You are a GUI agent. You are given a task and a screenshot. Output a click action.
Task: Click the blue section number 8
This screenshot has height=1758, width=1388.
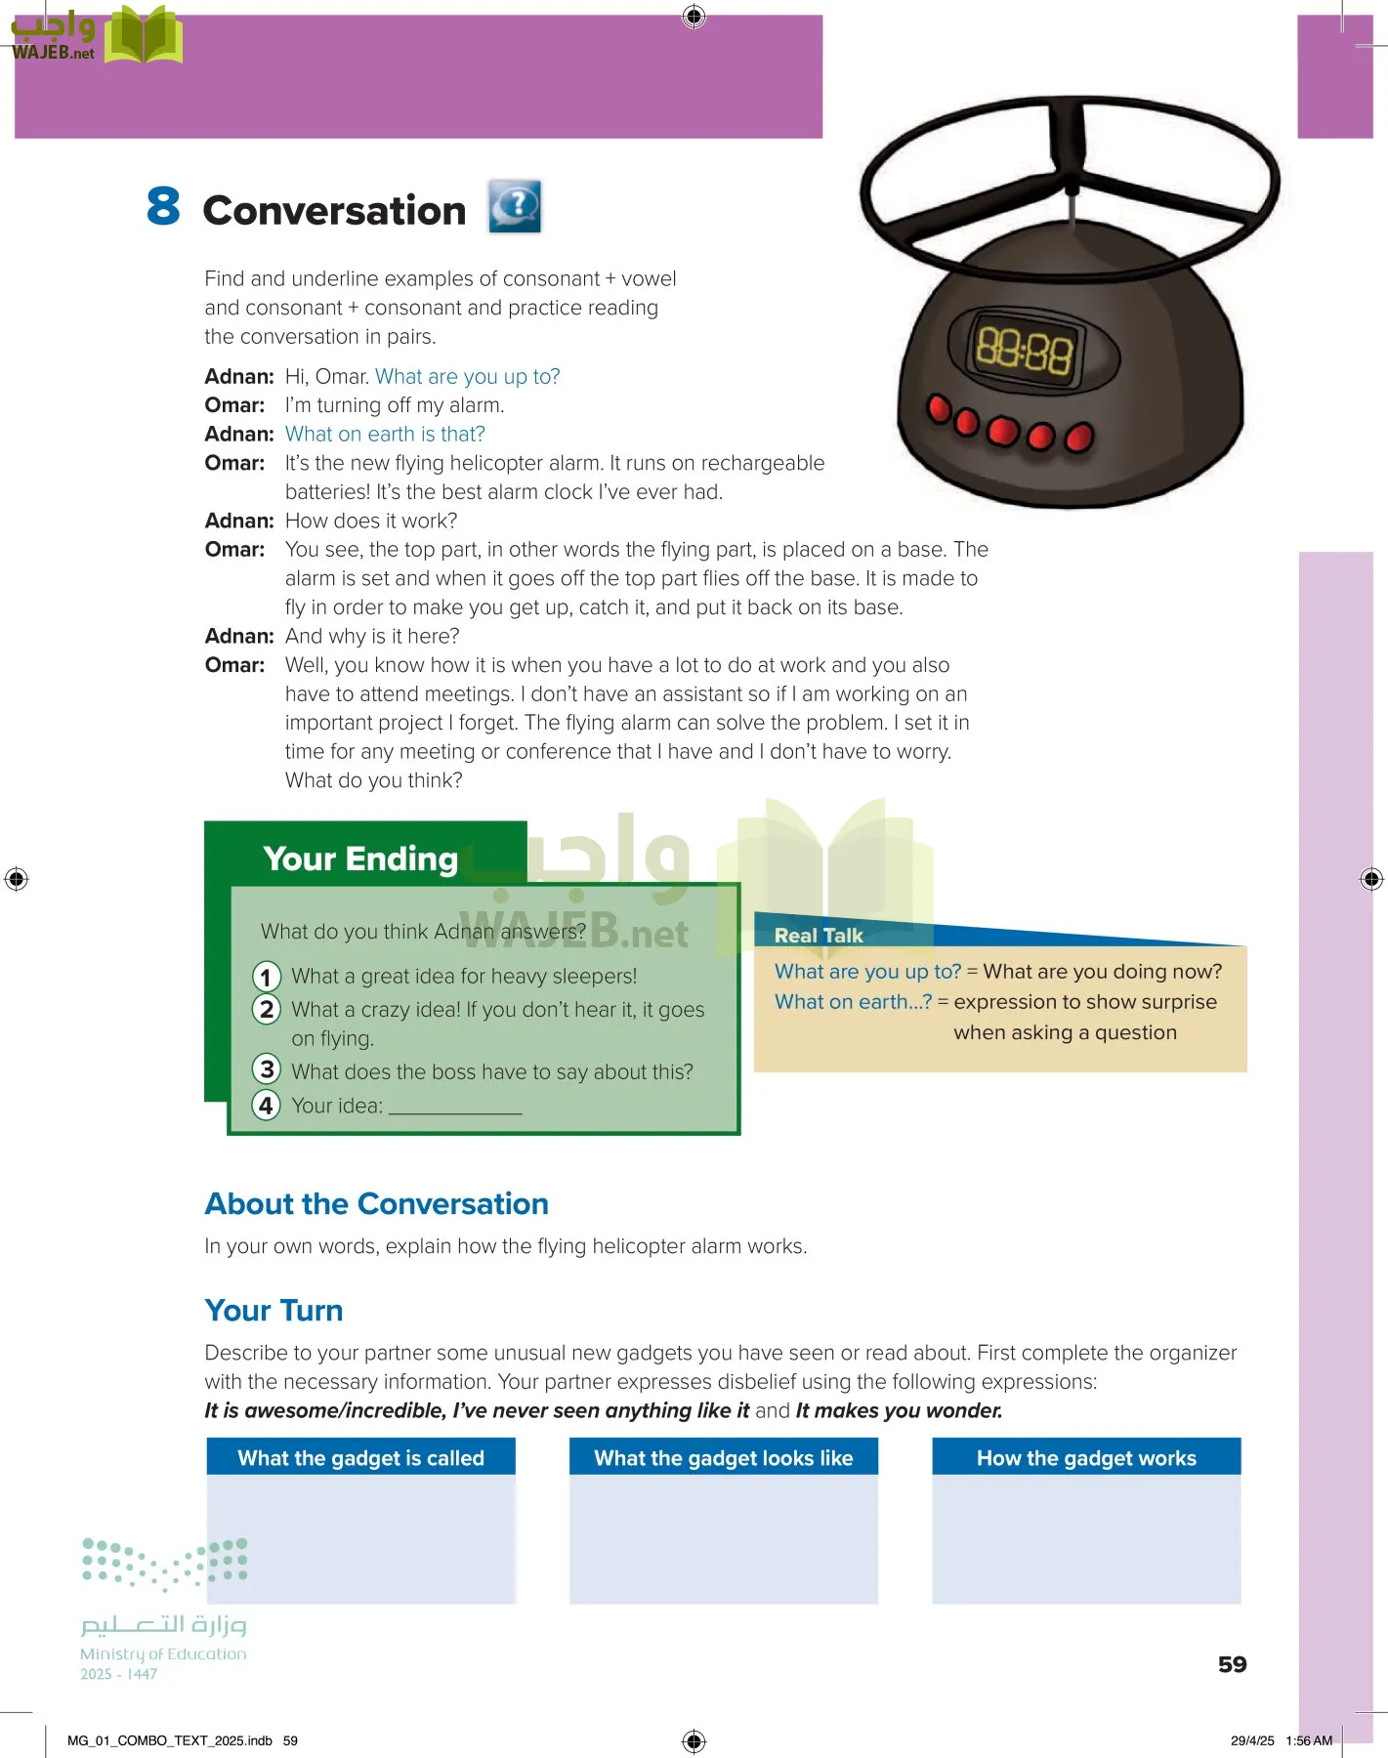(x=163, y=206)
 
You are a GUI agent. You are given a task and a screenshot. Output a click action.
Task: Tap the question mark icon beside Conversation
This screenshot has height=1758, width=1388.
(x=515, y=206)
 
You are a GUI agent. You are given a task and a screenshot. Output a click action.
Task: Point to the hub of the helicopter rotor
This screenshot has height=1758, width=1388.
(x=1072, y=186)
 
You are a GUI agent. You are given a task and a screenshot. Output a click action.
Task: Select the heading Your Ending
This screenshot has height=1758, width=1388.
(x=360, y=858)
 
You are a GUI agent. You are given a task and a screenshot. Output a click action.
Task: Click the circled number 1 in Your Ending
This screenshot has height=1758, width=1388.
(x=267, y=977)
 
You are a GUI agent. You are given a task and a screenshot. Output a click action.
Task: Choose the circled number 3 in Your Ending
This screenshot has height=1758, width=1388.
(x=267, y=1069)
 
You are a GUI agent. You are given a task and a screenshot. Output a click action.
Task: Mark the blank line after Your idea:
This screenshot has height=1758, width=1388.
(x=455, y=1108)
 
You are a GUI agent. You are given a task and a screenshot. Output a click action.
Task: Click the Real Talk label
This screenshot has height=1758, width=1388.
(x=819, y=935)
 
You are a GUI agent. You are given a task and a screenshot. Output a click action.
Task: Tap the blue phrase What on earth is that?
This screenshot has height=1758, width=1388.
(x=385, y=434)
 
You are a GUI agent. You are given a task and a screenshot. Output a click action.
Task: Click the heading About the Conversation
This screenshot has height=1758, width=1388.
(x=376, y=1203)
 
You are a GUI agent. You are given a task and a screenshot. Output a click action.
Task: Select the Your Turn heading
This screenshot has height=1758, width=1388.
(x=273, y=1310)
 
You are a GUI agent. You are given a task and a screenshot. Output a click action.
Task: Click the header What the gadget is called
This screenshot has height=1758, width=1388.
(x=360, y=1457)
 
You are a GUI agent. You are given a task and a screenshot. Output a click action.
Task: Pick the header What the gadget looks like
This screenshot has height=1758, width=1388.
(x=723, y=1457)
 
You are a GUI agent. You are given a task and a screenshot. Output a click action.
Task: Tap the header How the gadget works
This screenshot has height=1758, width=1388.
(x=1086, y=1457)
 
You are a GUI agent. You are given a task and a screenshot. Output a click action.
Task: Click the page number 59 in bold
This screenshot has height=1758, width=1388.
(x=1232, y=1664)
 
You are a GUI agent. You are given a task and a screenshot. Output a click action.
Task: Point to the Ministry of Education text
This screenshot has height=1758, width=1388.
(x=163, y=1653)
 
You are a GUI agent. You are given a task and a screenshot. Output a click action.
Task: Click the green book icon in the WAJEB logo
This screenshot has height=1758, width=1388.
(x=144, y=36)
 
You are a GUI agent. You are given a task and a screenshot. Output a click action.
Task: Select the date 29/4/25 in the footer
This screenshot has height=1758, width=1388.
(x=1252, y=1740)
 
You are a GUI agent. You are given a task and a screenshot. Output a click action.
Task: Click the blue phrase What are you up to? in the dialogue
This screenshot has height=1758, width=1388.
(x=467, y=376)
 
